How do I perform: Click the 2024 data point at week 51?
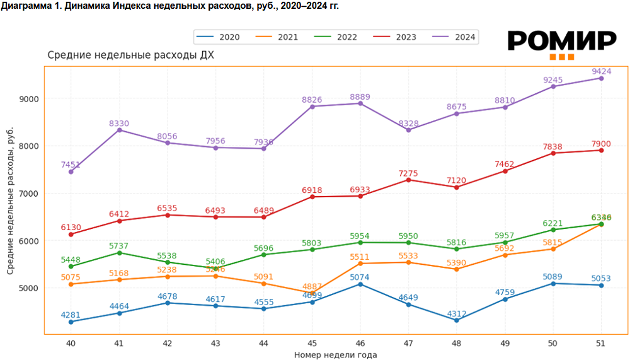click(x=601, y=78)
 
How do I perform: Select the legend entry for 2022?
click(x=338, y=37)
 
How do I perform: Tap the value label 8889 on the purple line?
click(x=360, y=96)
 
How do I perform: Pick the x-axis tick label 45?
click(x=312, y=343)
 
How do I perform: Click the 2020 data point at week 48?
click(x=456, y=320)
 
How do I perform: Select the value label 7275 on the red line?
click(x=408, y=173)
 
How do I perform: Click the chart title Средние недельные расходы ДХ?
click(x=130, y=55)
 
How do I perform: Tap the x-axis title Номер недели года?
click(x=335, y=355)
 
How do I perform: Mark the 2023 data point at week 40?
click(x=71, y=235)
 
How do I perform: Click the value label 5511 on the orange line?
click(x=360, y=257)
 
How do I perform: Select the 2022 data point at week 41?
click(x=119, y=253)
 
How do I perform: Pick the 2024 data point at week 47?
click(x=408, y=130)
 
